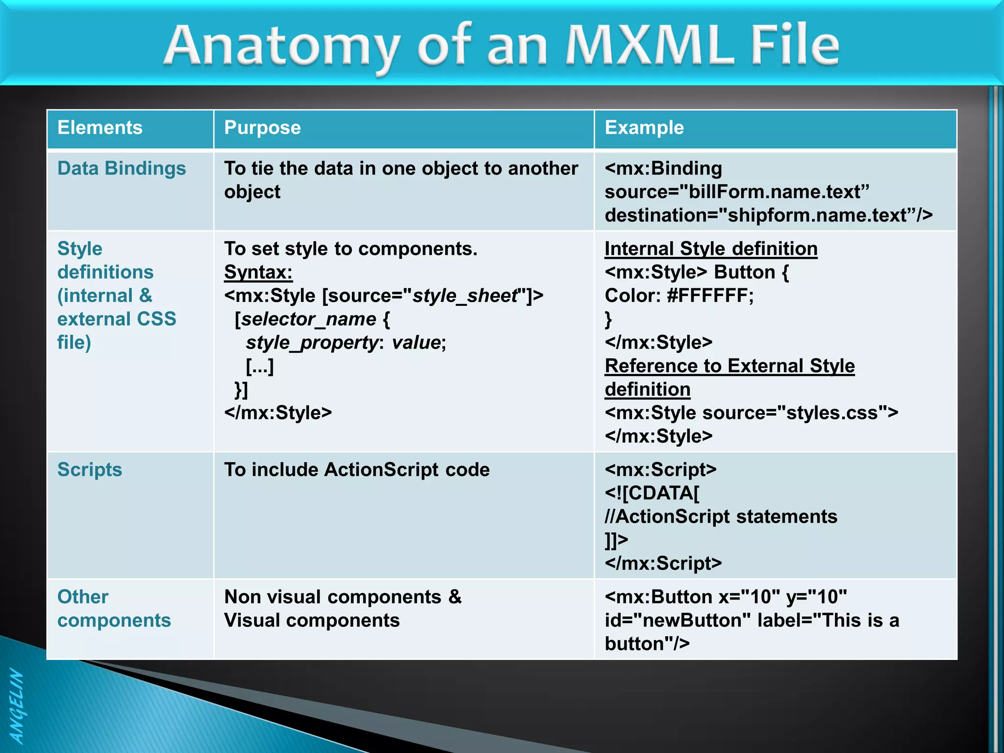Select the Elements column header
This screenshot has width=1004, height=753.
tap(100, 128)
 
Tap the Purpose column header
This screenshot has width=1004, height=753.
tap(262, 128)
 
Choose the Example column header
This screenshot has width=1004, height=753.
tap(644, 128)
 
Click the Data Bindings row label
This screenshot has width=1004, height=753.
tap(122, 169)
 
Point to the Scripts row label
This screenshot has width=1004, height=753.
tap(90, 470)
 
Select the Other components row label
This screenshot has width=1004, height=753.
tap(114, 608)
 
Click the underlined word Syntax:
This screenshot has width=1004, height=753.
tap(258, 273)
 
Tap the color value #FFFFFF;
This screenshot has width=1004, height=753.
tap(710, 296)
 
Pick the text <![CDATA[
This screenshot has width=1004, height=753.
tap(652, 493)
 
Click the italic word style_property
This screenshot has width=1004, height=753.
tap(312, 343)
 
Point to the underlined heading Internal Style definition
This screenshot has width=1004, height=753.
tap(711, 249)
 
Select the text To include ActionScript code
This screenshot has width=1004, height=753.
tap(357, 470)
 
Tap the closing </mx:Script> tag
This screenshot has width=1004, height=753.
tap(663, 564)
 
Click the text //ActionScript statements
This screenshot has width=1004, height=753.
tap(721, 517)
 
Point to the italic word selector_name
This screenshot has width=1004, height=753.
tap(309, 319)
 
